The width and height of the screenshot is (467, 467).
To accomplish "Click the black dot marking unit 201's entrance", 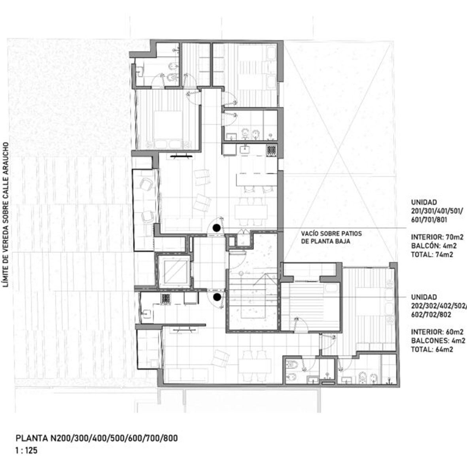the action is tap(217, 228).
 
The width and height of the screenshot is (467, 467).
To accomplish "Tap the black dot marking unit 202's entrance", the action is tap(217, 297).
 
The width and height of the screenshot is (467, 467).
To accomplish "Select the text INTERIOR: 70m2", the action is tap(437, 237).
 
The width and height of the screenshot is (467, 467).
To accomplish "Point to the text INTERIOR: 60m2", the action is tap(437, 332).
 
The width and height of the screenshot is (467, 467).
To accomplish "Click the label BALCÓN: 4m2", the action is tap(434, 246).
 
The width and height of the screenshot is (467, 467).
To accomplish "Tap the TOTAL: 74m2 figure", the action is tap(432, 255).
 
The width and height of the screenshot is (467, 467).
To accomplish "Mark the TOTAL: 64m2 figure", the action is tap(432, 349).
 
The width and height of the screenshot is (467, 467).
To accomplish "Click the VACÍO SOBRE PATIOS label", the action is tap(331, 233).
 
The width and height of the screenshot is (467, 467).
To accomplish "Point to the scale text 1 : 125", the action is tap(26, 450).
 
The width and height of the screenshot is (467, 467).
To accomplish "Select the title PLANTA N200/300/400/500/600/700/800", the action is tap(96, 438).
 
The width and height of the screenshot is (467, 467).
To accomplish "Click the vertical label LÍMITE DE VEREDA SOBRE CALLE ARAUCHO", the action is tap(6, 215).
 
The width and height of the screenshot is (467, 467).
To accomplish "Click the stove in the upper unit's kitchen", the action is tap(271, 150).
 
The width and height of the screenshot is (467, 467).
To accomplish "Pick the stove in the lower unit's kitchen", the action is tap(166, 298).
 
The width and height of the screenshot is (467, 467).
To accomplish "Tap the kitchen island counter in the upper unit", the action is tap(257, 180).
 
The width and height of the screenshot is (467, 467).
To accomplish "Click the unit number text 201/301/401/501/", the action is tap(437, 211).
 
